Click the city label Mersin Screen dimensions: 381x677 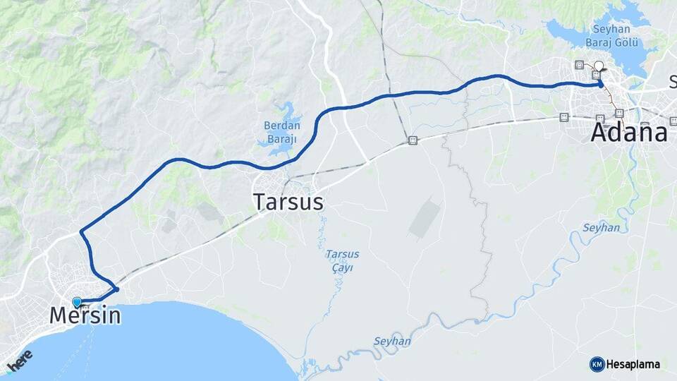coord(85,315)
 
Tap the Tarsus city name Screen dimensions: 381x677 coord(288,202)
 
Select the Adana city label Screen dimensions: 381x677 coord(629,133)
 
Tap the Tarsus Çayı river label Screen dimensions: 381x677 coord(343,260)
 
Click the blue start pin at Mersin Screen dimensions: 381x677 coord(77,302)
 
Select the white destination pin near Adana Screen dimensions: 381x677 coord(599,66)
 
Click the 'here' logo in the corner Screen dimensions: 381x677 coord(20,359)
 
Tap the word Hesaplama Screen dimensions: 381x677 coord(633,364)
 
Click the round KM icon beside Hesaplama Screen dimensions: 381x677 coord(597,364)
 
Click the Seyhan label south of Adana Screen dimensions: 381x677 coord(601,228)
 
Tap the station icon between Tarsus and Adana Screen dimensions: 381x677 coord(413,140)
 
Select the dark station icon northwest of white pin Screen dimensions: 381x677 coord(580,65)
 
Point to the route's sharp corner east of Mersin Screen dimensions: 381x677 coord(117,289)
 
